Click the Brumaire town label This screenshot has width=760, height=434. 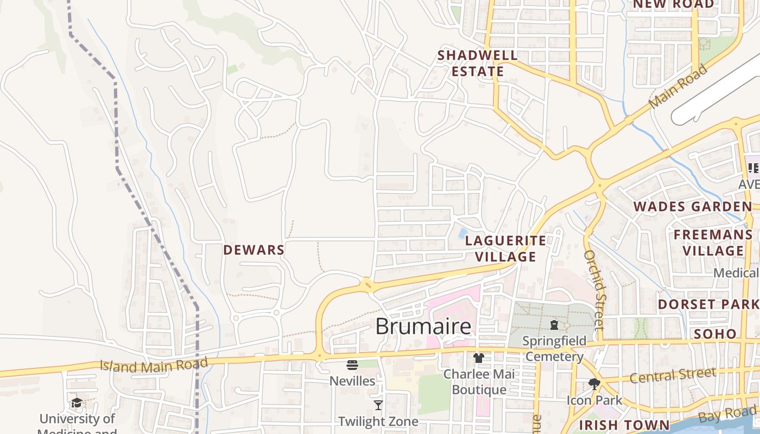(x=423, y=327)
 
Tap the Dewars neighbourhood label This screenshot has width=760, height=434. (x=254, y=250)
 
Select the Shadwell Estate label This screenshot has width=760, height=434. (x=478, y=63)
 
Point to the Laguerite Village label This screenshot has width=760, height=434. (x=506, y=248)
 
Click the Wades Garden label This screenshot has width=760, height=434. (x=693, y=207)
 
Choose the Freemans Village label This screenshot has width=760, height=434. (x=713, y=242)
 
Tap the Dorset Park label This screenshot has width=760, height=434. (x=708, y=304)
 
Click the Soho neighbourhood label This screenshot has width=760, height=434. (x=715, y=334)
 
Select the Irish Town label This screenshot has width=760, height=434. (x=624, y=425)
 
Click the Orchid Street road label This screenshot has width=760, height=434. (x=595, y=290)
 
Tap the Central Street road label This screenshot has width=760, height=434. (x=673, y=375)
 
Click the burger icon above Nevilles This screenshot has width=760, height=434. (x=352, y=365)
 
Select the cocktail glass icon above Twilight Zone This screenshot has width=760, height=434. (x=378, y=405)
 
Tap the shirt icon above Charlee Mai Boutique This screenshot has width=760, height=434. (x=478, y=358)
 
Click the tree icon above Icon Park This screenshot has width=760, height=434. (x=594, y=384)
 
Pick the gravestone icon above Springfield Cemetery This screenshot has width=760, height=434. (x=554, y=325)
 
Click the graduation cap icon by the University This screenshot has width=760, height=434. (x=77, y=403)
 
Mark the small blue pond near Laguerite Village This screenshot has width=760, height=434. (x=463, y=233)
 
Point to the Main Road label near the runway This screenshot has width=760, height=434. (x=679, y=86)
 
